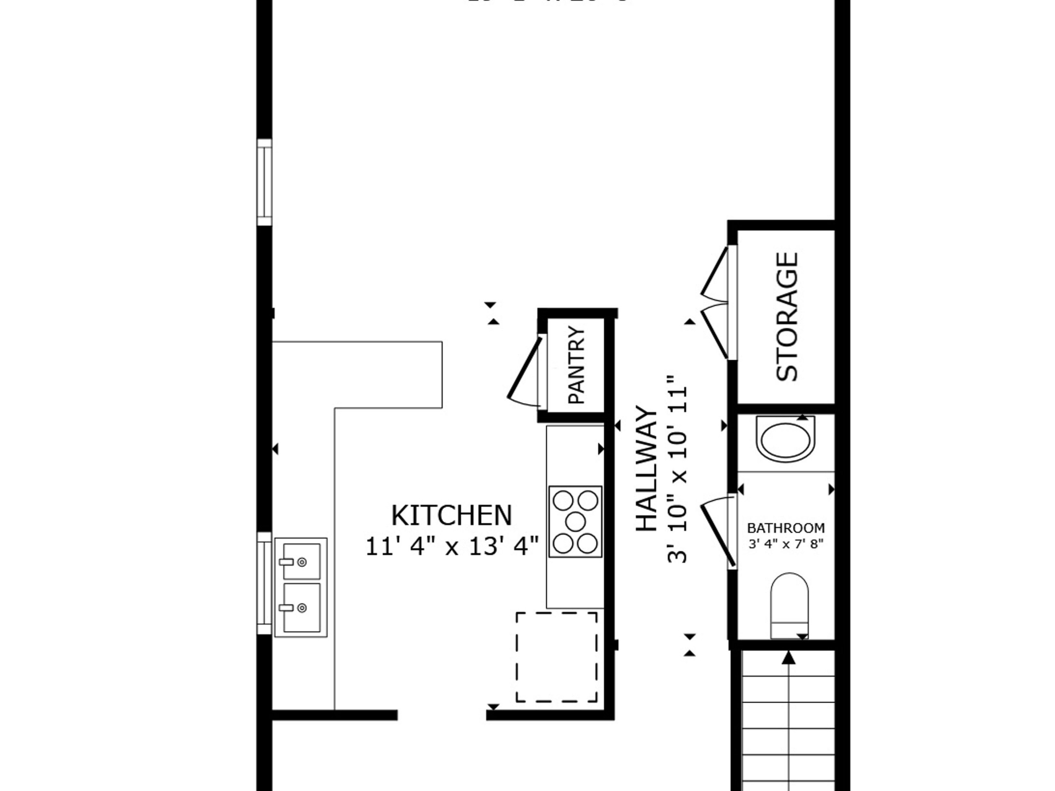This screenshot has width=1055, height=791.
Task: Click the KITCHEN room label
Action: tap(451, 515)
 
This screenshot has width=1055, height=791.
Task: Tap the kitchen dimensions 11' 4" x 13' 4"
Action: tap(451, 546)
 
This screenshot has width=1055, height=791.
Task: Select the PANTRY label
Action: tap(577, 365)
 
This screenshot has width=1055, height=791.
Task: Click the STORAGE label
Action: tap(787, 317)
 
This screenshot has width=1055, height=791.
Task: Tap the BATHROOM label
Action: tap(786, 528)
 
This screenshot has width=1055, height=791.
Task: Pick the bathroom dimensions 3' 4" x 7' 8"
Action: tap(786, 544)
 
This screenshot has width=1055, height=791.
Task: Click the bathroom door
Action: tap(718, 536)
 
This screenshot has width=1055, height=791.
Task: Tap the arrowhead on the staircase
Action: tap(789, 658)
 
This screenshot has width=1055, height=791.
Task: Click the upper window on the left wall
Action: tap(264, 182)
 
